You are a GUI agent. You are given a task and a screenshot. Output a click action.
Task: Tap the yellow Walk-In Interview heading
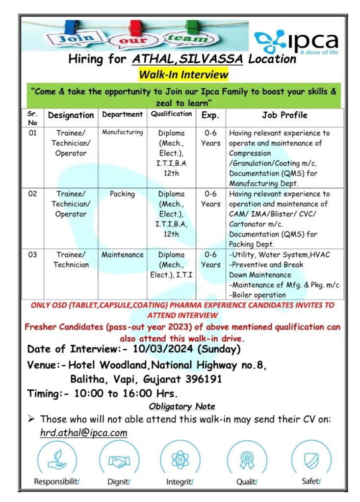184,75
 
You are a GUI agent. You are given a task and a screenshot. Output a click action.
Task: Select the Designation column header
71,115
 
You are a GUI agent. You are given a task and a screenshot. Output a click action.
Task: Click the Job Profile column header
284,115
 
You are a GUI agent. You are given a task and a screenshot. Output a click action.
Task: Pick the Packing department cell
122,194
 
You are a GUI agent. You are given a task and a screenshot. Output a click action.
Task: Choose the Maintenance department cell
122,255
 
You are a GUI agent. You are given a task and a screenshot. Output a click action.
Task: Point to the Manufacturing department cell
122,132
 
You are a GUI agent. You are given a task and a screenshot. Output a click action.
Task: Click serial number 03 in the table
32,255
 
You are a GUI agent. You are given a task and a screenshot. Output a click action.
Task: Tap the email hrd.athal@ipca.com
84,433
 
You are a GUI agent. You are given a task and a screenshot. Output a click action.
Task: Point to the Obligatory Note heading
181,406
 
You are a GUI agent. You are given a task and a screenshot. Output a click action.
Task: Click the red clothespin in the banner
135,27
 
